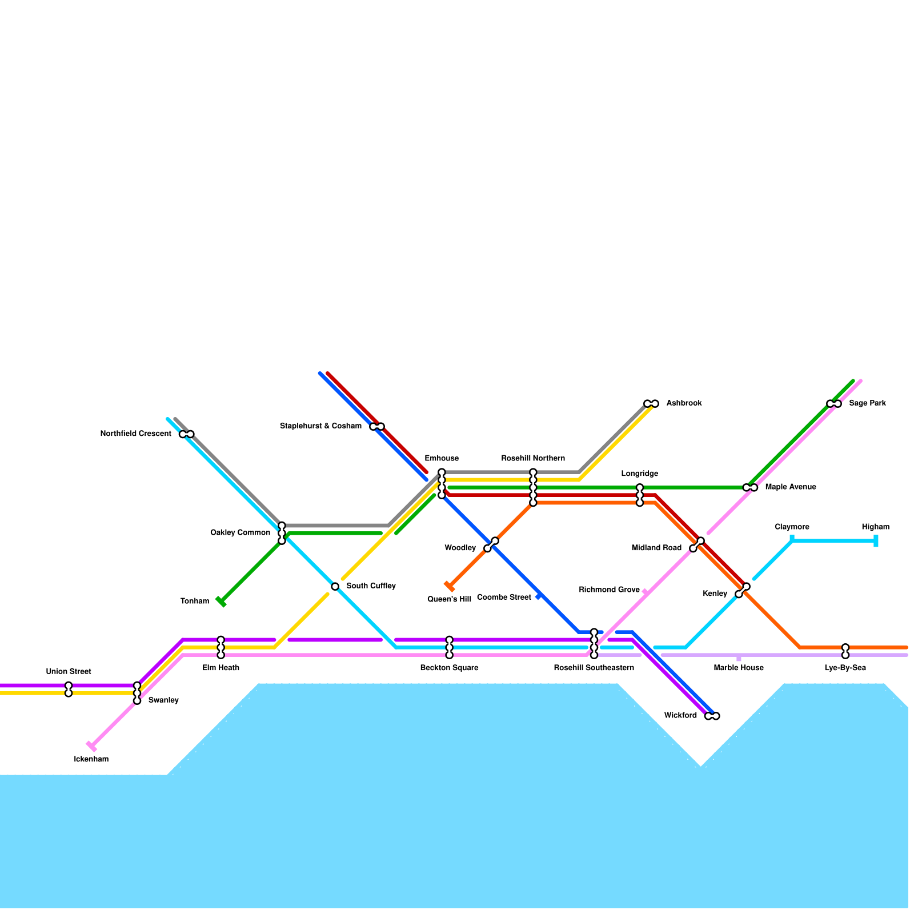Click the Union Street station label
[69, 671]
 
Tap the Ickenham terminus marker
[91, 746]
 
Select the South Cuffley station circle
[335, 586]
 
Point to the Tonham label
[195, 601]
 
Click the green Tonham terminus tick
[221, 602]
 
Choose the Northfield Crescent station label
[135, 434]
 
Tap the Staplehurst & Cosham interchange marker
[377, 426]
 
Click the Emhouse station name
[442, 458]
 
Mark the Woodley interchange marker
[491, 544]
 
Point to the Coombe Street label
[504, 597]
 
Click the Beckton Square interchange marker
[449, 647]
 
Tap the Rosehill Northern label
[533, 458]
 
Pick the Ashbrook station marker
[651, 403]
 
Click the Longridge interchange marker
[640, 495]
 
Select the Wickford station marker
[712, 716]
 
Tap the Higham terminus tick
[876, 540]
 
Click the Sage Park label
[867, 403]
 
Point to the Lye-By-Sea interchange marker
[845, 651]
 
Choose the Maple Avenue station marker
[750, 487]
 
